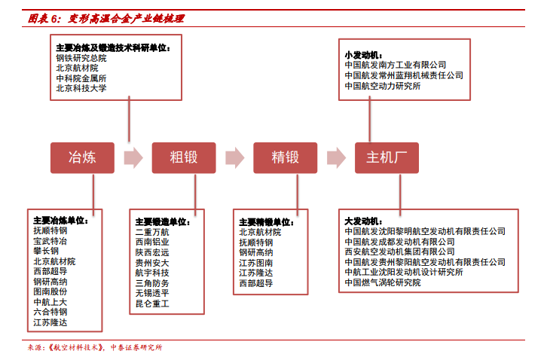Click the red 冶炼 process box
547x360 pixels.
[82, 157]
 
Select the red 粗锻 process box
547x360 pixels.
[184, 157]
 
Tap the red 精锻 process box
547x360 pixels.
[286, 157]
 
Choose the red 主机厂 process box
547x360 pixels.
[387, 157]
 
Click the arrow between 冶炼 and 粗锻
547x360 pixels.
[133, 157]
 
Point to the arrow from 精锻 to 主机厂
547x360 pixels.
[336, 157]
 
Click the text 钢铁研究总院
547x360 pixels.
[81, 58]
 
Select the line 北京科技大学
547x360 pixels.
[81, 88]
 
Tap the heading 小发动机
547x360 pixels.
[363, 55]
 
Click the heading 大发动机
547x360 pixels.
[363, 221]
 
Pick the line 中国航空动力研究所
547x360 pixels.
[383, 86]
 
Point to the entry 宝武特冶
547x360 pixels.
[50, 241]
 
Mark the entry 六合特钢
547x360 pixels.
[50, 312]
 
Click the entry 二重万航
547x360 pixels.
[152, 232]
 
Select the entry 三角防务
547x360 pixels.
[152, 283]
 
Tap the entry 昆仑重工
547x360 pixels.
[152, 304]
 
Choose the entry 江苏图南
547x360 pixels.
[256, 263]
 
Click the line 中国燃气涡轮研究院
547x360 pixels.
[383, 282]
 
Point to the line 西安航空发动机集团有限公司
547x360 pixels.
[400, 252]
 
